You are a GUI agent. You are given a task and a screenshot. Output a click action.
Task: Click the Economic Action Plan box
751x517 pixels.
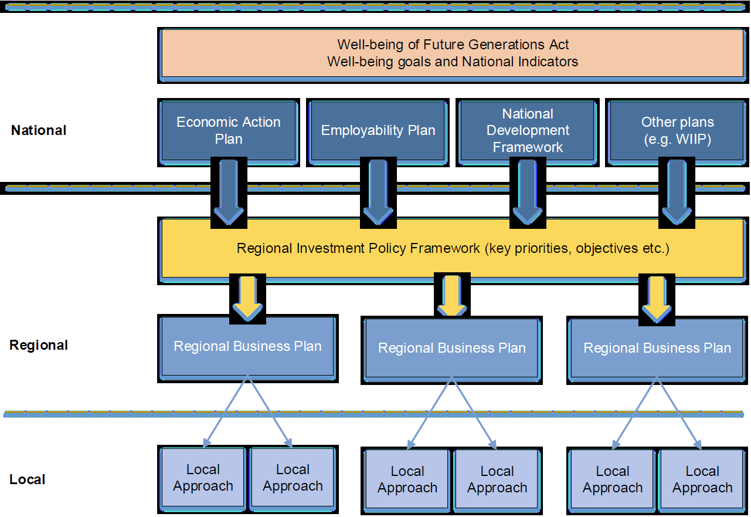tap(229, 130)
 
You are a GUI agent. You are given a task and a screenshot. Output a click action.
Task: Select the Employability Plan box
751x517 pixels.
tap(378, 130)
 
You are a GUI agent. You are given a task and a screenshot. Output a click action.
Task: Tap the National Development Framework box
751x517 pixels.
tap(528, 130)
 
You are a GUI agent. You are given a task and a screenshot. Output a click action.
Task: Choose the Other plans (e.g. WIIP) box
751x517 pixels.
tap(677, 130)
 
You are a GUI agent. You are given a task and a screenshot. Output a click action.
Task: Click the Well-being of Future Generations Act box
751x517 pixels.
tap(453, 53)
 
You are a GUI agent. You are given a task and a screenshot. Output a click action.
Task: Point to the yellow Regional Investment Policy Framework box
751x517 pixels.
tap(453, 248)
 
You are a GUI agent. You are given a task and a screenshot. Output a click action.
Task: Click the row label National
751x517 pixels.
tap(39, 130)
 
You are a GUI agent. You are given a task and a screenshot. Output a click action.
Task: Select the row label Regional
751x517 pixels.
tap(39, 345)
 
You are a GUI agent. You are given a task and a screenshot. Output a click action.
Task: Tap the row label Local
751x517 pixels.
tap(28, 479)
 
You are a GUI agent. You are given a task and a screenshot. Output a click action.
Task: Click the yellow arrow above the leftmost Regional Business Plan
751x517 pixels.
tap(247, 298)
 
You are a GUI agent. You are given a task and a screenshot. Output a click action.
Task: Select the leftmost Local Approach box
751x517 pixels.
tap(203, 478)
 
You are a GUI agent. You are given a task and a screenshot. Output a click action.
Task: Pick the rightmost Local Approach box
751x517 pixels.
tap(702, 479)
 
